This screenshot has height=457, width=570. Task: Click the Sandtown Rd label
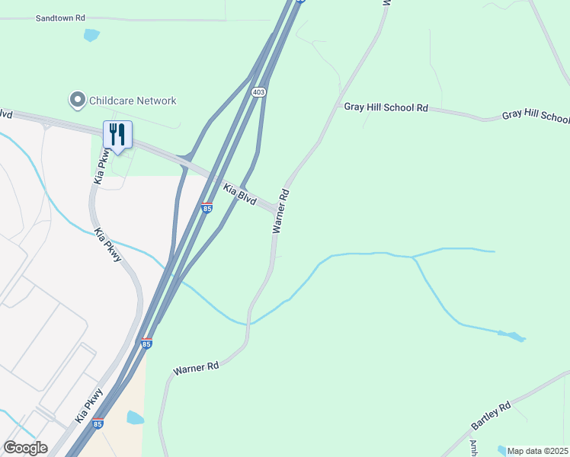[x=59, y=17]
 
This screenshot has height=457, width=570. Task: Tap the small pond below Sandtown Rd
[x=91, y=34]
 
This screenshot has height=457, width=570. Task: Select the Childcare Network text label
[x=133, y=101]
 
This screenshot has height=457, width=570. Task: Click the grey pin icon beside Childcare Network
[x=77, y=100]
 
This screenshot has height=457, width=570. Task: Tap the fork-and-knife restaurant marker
[x=117, y=136]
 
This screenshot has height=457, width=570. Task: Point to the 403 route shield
[x=259, y=91]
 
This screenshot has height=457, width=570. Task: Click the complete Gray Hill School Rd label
[x=386, y=108]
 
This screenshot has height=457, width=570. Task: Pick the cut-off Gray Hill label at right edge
[x=536, y=117]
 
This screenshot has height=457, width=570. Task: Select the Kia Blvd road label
[x=239, y=194]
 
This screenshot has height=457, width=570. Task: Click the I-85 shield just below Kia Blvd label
[x=207, y=208]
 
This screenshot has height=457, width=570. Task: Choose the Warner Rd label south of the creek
[x=196, y=367]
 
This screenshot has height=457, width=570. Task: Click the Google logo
[x=25, y=448]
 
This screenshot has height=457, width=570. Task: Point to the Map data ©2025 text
[x=537, y=451]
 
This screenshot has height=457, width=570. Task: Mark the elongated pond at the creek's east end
[x=511, y=335]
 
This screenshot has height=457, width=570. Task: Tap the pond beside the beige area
[x=135, y=417]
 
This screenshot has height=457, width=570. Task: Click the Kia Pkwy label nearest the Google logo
[x=88, y=404]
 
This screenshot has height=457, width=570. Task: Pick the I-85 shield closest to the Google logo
[x=98, y=423]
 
